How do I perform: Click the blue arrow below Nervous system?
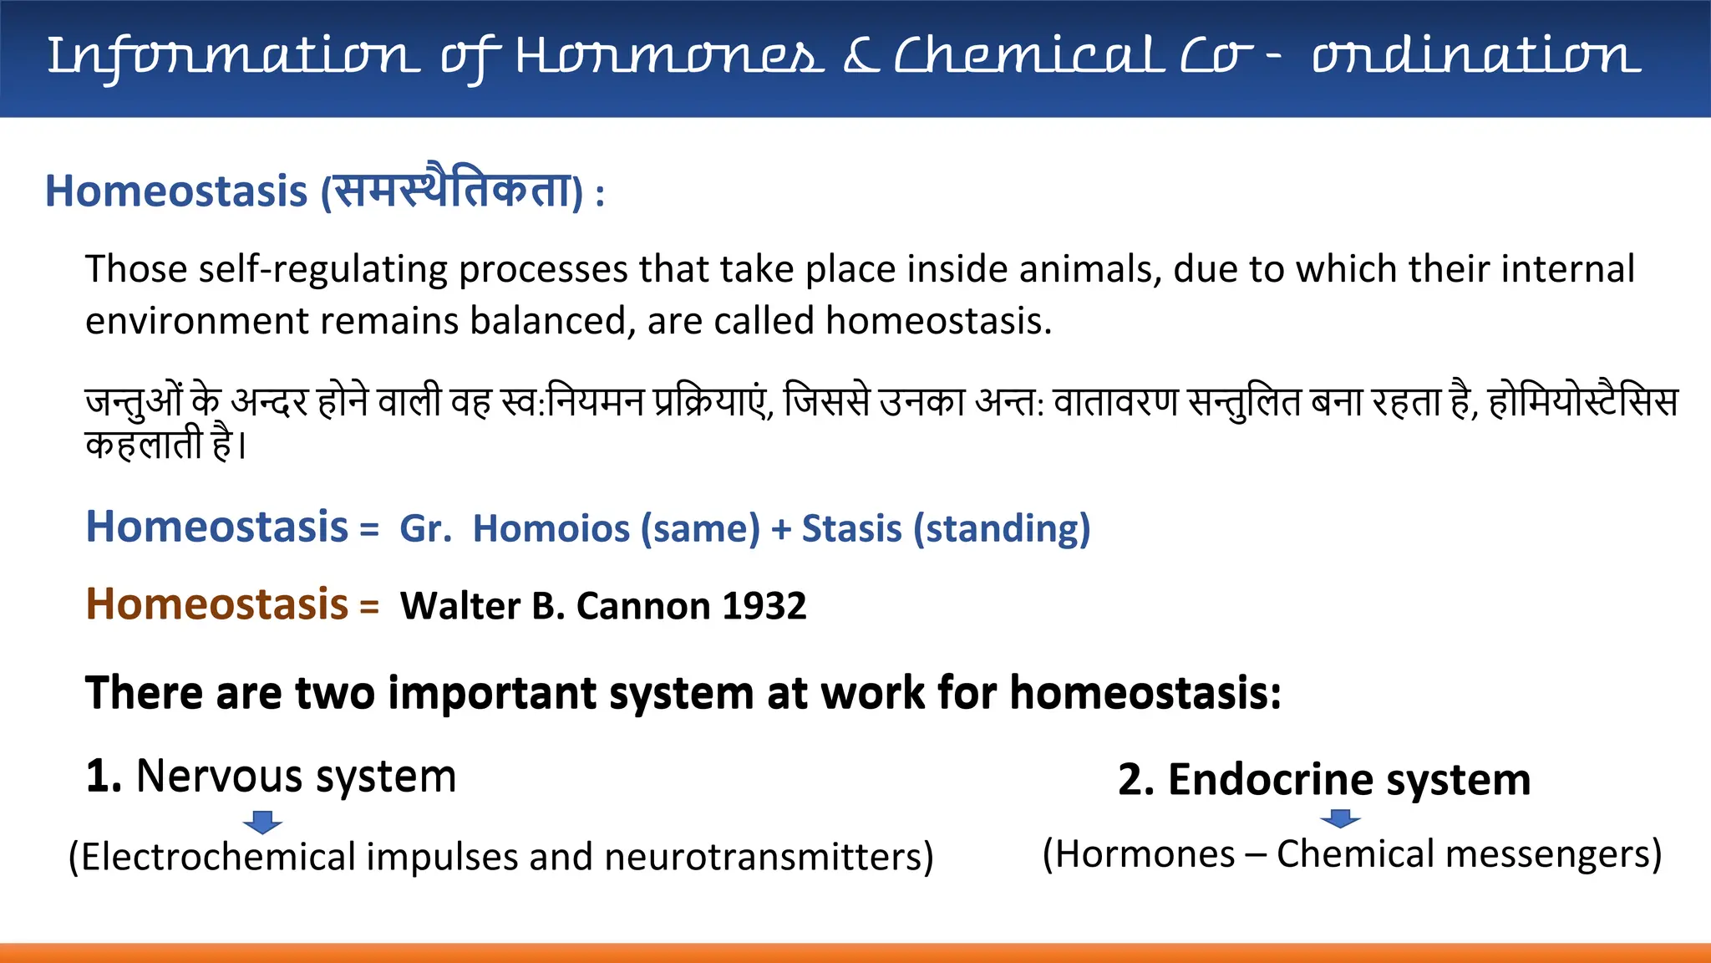click(x=262, y=822)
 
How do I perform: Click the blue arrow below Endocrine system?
click(x=1340, y=818)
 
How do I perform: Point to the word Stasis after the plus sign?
click(x=851, y=529)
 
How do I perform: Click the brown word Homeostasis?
click(x=216, y=604)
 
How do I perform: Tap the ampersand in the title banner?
click(x=861, y=57)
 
